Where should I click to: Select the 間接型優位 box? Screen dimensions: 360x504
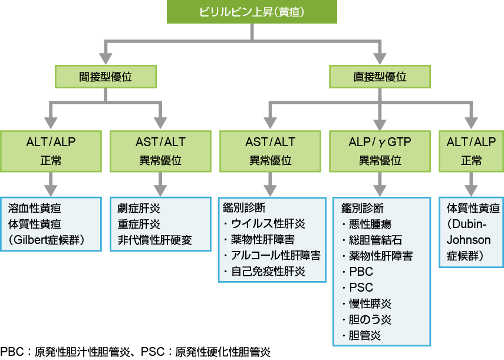(x=106, y=77)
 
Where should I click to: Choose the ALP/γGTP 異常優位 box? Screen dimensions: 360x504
(x=380, y=151)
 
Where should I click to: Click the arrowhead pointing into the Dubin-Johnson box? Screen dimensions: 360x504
(x=472, y=191)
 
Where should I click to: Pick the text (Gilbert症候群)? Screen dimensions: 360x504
(x=47, y=240)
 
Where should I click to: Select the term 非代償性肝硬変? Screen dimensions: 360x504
(x=154, y=240)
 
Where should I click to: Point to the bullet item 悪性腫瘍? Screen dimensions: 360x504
(x=371, y=224)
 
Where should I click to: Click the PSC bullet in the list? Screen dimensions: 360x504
(x=361, y=288)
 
